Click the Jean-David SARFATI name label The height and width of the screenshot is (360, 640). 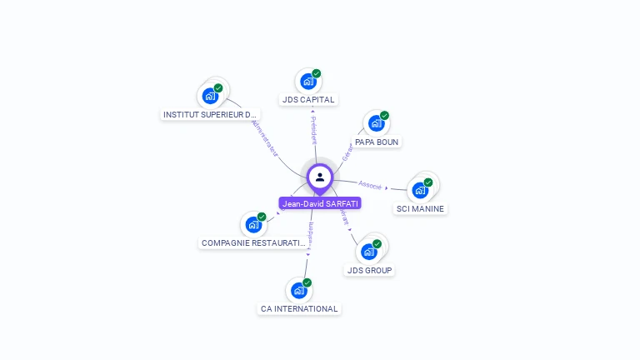click(320, 203)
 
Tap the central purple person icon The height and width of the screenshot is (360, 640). click(320, 177)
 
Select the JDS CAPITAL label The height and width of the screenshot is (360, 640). click(308, 100)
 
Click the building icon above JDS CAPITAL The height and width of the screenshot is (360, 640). click(307, 82)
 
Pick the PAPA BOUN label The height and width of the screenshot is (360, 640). click(377, 142)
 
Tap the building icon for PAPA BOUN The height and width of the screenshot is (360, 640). click(376, 123)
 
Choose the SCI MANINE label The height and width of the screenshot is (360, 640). click(420, 208)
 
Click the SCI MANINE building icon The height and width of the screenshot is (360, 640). click(420, 190)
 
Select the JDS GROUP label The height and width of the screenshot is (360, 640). click(369, 270)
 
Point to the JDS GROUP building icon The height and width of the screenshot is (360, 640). click(368, 252)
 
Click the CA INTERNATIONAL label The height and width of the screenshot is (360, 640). click(299, 308)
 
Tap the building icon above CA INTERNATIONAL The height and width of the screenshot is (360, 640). click(298, 291)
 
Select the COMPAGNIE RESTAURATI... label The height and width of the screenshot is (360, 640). click(254, 243)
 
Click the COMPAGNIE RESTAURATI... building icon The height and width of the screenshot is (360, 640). click(253, 225)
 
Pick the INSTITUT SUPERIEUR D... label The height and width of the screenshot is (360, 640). click(211, 114)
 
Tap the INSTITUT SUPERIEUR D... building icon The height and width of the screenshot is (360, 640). click(210, 96)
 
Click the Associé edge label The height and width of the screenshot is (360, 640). click(370, 185)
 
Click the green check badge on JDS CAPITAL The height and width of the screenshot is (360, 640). click(317, 73)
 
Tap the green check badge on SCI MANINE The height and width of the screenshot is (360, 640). click(428, 182)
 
